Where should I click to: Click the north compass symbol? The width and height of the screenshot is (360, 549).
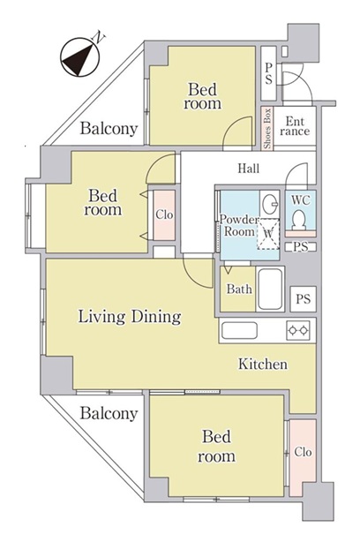tap(80, 56)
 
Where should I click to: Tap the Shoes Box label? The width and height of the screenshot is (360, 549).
tap(267, 128)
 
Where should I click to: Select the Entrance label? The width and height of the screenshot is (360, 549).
tap(295, 126)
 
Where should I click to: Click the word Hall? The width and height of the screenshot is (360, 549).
tap(249, 168)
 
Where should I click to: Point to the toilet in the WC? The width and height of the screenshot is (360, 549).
tap(299, 220)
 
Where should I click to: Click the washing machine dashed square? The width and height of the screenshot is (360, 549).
tap(268, 234)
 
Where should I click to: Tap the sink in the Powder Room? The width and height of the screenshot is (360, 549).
tap(270, 203)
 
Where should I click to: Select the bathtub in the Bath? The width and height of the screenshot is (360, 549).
tap(270, 289)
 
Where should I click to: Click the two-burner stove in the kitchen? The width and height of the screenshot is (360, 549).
tap(298, 330)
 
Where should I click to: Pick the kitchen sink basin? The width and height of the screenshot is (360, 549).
tap(239, 330)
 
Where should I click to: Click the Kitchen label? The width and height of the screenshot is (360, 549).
tap(263, 364)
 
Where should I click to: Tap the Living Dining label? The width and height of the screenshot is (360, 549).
tap(130, 317)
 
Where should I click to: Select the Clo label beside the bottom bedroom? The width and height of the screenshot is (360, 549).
tap(303, 452)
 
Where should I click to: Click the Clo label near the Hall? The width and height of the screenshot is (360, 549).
tap(164, 214)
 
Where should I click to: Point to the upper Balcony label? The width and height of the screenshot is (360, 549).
tap(109, 129)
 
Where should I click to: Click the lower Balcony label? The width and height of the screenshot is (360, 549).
tap(109, 413)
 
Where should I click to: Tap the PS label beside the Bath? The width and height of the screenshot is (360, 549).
tap(303, 299)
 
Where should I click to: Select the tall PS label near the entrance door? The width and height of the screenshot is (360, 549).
tap(268, 73)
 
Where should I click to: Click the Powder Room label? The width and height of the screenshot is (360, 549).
tap(239, 225)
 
